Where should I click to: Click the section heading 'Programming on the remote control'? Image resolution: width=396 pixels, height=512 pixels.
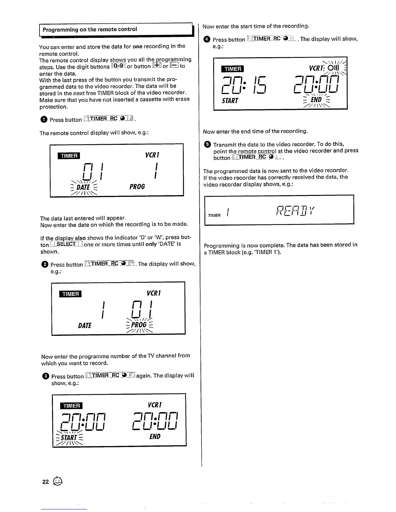(x=90, y=29)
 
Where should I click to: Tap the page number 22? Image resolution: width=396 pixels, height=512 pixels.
(x=45, y=482)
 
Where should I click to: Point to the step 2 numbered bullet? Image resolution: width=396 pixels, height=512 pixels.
(x=45, y=264)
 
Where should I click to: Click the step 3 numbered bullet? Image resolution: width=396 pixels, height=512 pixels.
(x=46, y=376)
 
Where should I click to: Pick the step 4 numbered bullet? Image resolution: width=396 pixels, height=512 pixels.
(x=207, y=39)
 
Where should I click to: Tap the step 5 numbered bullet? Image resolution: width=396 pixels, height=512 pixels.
(x=207, y=144)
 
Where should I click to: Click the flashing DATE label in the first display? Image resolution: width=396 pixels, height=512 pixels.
(x=83, y=187)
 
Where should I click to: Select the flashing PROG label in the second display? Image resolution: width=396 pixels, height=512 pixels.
(x=139, y=325)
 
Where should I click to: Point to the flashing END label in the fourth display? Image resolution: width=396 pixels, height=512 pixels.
(x=316, y=100)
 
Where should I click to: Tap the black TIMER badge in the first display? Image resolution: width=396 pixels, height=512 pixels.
(x=69, y=156)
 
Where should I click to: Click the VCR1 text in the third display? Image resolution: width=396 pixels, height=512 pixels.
(x=154, y=405)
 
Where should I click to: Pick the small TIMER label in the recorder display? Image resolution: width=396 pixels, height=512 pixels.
(x=214, y=216)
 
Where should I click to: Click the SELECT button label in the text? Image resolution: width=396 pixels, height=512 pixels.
(x=66, y=244)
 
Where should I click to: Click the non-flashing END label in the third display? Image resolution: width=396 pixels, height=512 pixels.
(x=155, y=436)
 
